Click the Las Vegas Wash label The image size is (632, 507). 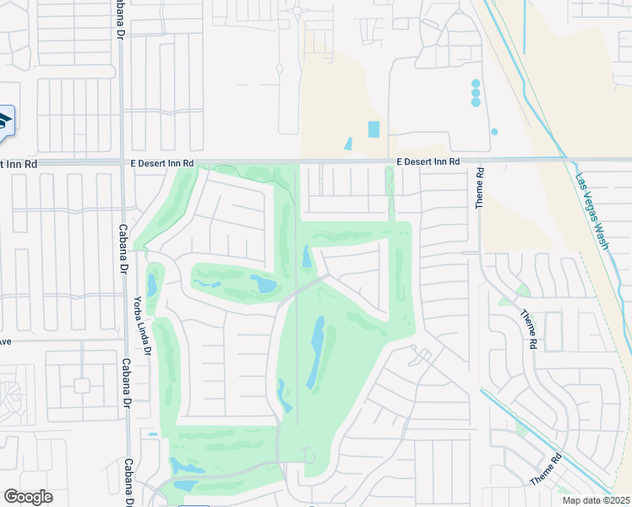591,210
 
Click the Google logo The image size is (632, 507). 28,497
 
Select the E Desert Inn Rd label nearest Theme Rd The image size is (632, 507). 428,161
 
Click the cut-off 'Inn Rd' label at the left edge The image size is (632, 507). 19,163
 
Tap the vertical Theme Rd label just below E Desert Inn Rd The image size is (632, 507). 479,187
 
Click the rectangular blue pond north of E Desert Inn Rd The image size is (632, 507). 373,129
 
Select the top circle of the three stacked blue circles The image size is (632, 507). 476,83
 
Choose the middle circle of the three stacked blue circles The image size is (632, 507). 476,93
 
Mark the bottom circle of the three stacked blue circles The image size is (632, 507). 476,102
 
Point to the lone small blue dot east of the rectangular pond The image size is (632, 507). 494,132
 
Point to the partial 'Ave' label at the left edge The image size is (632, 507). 5,341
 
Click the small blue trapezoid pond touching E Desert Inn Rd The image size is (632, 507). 348,144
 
